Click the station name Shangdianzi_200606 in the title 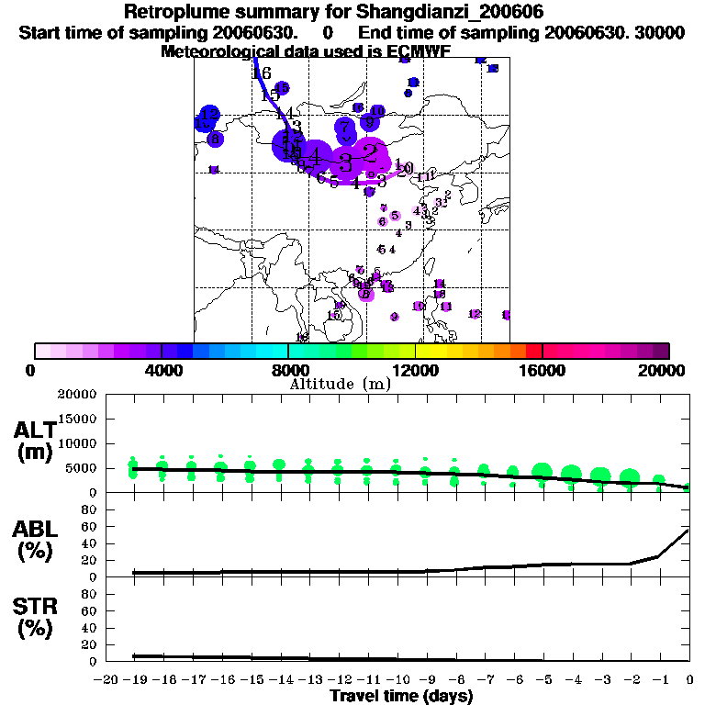point(446,12)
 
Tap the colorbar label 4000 point(162,370)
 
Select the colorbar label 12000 point(415,370)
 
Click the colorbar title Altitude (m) point(340,385)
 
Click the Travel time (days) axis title point(400,697)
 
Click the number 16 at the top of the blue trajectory point(262,73)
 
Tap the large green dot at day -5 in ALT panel point(542,473)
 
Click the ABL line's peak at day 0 point(688,530)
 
